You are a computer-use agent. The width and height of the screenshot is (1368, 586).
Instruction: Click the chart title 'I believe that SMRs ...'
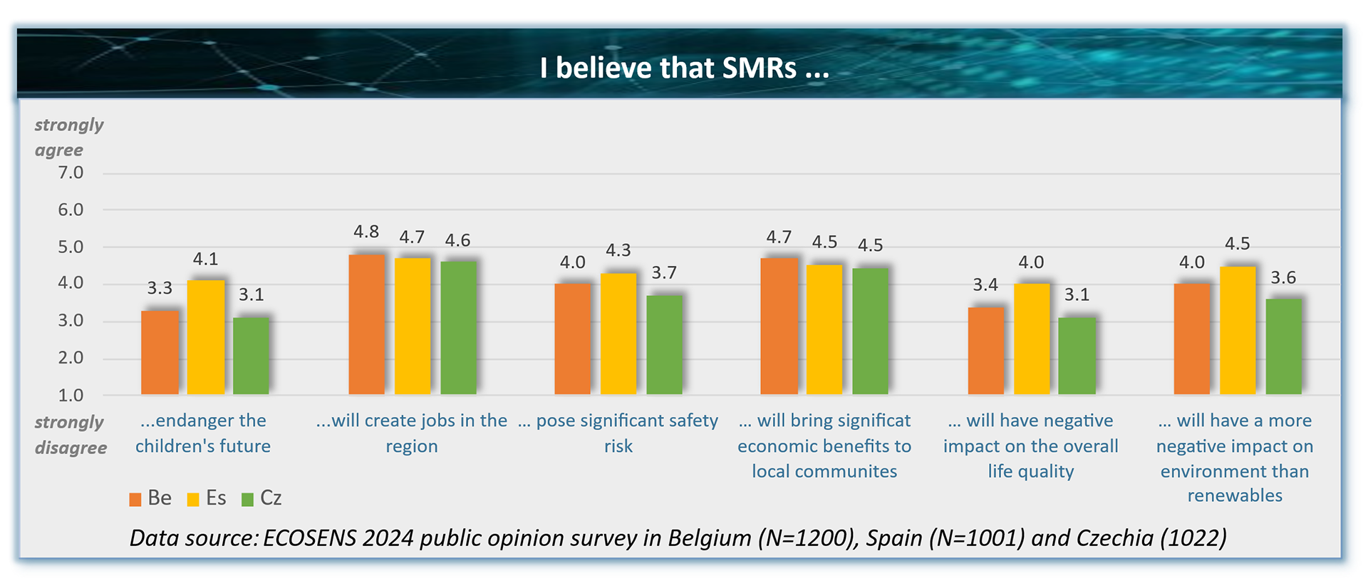point(684,68)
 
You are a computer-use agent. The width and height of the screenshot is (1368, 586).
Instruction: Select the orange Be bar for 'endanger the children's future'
point(160,352)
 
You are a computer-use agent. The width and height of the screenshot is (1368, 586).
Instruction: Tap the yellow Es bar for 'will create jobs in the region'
point(413,326)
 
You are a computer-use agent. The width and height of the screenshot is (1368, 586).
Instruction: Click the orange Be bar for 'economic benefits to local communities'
point(779,326)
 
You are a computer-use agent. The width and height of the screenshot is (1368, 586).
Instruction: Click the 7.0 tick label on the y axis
point(71,173)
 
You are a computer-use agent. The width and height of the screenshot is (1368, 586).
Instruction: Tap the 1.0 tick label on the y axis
point(71,395)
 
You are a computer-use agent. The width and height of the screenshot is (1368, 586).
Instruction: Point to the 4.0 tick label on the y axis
point(71,283)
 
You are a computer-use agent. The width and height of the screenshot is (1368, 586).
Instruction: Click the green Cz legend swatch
point(248,499)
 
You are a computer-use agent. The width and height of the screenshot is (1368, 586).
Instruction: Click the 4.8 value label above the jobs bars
point(366,232)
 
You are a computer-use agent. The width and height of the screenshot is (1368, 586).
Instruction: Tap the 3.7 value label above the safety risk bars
point(664,272)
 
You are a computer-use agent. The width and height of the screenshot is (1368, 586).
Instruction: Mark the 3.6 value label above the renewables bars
point(1283,277)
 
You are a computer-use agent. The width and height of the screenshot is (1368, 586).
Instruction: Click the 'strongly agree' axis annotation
point(68,137)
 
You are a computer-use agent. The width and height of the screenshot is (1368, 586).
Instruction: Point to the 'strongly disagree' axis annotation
point(70,435)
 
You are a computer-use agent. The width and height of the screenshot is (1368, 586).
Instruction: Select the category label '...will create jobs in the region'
point(412,433)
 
